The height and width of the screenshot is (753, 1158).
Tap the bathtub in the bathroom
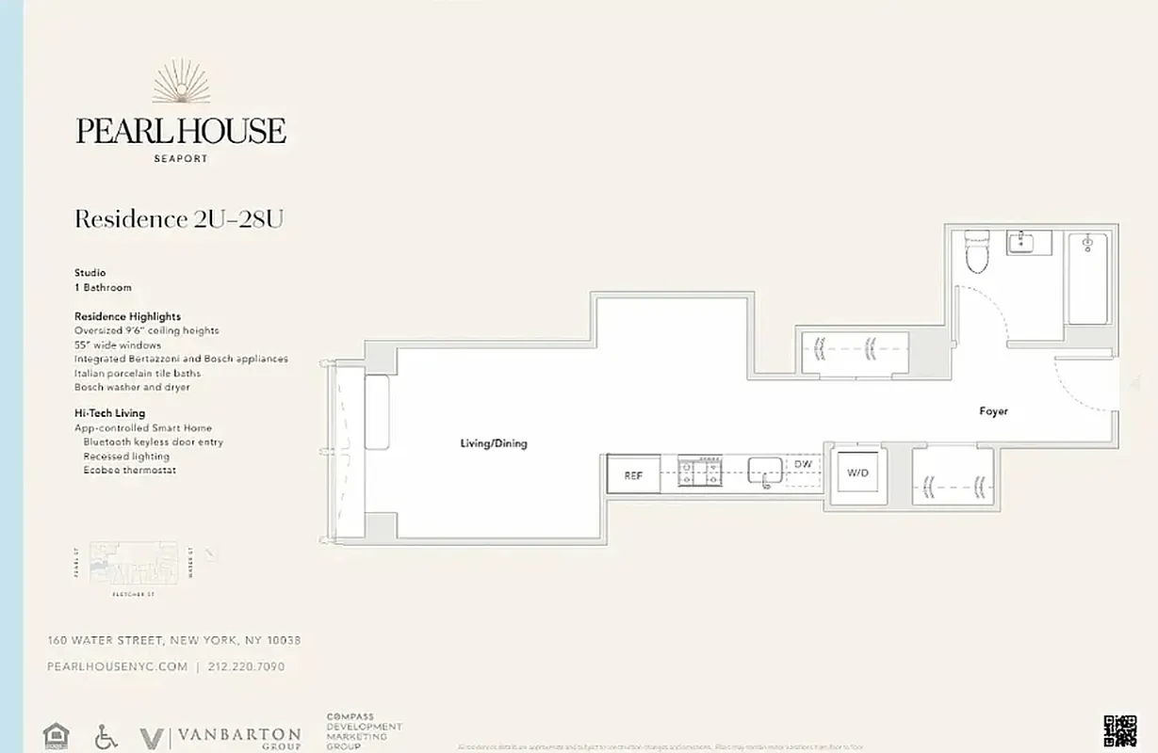pos(1088,278)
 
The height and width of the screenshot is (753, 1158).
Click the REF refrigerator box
pos(633,475)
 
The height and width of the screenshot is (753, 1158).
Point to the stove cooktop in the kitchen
pos(700,471)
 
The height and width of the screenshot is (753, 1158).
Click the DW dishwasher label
pos(803,465)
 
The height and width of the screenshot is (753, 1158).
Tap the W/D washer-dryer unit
pos(857,473)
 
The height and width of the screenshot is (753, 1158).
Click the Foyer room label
pos(993,411)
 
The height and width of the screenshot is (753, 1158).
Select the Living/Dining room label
pos(493,443)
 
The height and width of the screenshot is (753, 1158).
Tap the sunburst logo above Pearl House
pos(181,83)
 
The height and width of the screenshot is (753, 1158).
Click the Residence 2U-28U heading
pos(179,219)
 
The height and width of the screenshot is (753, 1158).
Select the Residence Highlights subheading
pos(127,316)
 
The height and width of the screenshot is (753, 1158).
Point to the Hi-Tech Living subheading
pos(109,413)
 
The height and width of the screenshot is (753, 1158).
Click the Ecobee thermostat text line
pos(129,470)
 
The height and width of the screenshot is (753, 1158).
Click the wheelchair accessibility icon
pos(106,736)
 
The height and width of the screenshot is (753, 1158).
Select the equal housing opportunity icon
pos(57,735)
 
